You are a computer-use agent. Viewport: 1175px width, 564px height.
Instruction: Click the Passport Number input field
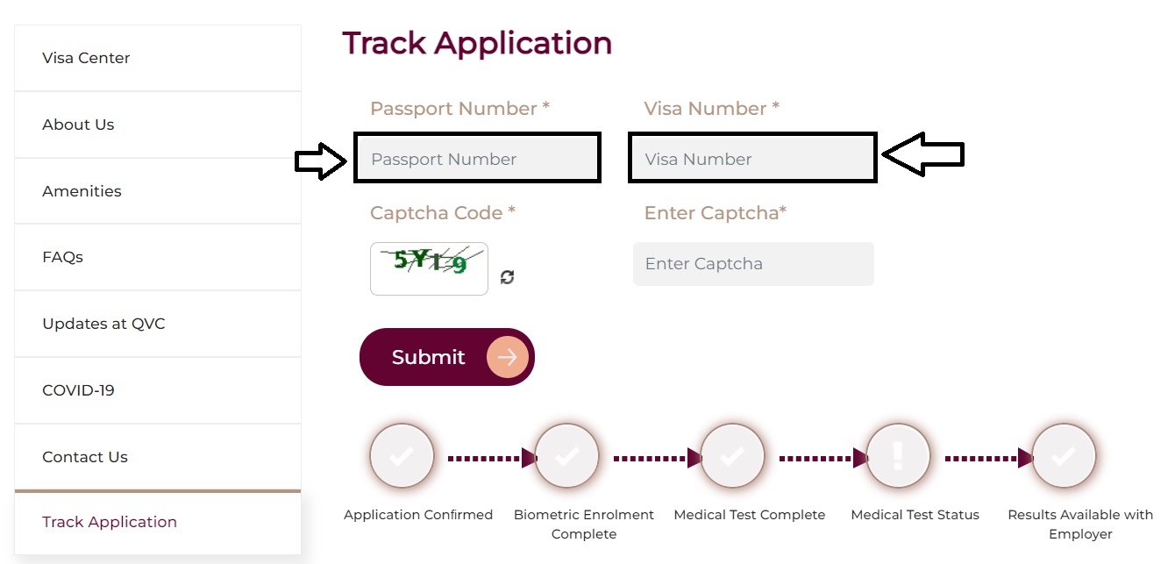coord(477,159)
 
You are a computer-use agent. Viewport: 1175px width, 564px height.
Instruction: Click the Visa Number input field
coord(752,159)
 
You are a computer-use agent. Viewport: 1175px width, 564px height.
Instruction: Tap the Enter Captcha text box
coord(753,264)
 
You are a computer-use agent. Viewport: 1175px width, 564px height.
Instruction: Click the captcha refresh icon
coord(507,277)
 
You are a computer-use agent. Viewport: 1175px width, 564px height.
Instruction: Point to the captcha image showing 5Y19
coord(429,268)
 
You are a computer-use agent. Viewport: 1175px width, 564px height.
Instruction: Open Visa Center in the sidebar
coord(86,58)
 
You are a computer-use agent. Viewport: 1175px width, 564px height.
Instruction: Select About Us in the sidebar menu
coord(78,125)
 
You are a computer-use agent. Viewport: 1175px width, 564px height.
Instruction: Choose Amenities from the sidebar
coord(82,191)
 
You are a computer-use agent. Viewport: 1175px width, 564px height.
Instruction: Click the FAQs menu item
coord(62,258)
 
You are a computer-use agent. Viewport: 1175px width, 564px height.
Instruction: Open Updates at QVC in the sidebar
coord(103,324)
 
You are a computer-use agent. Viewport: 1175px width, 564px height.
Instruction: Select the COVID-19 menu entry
coord(78,390)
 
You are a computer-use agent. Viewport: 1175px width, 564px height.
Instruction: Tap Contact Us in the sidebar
coord(85,457)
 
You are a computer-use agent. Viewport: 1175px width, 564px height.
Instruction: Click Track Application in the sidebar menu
coord(110,522)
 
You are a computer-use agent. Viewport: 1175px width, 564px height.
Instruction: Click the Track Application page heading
coord(477,43)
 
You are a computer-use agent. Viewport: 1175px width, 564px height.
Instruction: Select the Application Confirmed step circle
coord(402,456)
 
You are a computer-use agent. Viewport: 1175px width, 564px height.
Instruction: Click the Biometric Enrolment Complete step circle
coord(566,456)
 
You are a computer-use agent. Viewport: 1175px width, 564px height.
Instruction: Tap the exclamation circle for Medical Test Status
coord(898,456)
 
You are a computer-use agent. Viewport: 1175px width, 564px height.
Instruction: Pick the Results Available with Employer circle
coord(1064,456)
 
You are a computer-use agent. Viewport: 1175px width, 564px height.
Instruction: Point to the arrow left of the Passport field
coord(321,161)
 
